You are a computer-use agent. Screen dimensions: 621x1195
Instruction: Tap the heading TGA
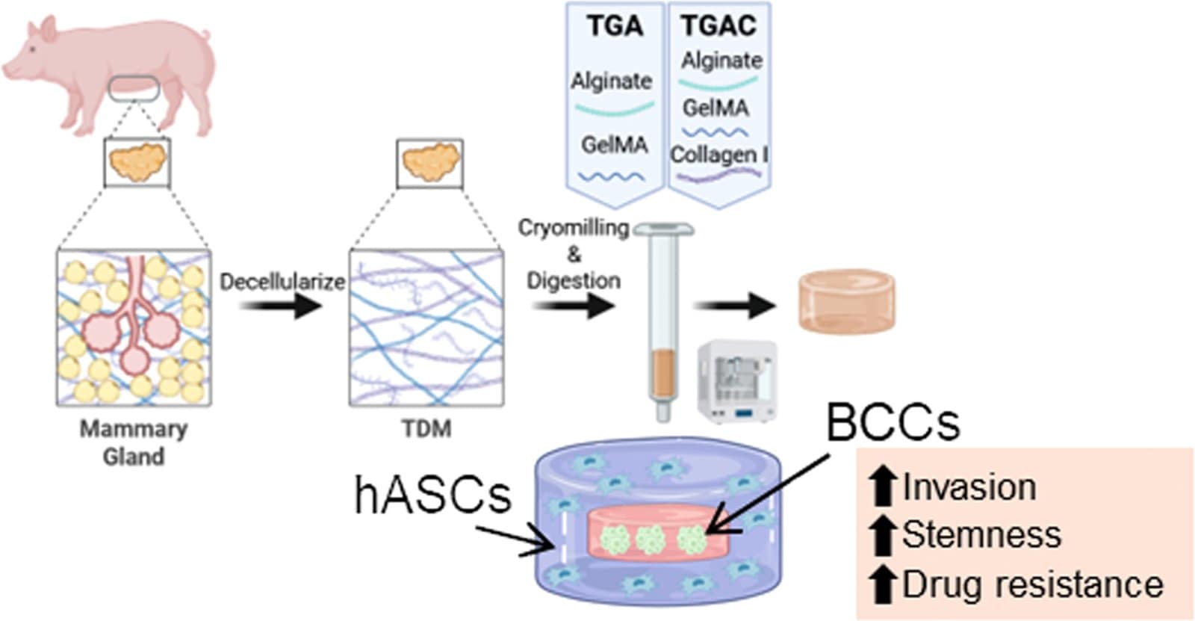click(x=614, y=25)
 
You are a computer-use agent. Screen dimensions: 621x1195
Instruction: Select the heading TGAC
click(x=718, y=25)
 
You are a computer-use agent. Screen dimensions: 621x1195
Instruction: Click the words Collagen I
click(x=718, y=155)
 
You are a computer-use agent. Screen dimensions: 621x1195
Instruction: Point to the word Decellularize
click(x=282, y=282)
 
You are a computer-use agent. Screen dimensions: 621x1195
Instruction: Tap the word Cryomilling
click(x=574, y=228)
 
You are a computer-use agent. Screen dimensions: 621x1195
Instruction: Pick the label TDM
click(x=426, y=429)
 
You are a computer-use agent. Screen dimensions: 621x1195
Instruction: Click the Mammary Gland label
click(x=134, y=442)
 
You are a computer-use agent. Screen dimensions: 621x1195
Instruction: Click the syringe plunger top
click(x=663, y=229)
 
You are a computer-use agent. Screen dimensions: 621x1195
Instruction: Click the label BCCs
click(x=893, y=422)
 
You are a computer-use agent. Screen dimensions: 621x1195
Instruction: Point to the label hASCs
click(x=432, y=495)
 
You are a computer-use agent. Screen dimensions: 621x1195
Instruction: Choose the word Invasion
click(x=969, y=487)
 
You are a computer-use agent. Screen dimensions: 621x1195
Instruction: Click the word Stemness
click(x=981, y=535)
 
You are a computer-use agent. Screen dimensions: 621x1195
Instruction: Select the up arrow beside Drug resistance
click(x=884, y=584)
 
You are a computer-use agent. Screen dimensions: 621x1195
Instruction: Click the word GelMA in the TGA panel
click(x=614, y=144)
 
